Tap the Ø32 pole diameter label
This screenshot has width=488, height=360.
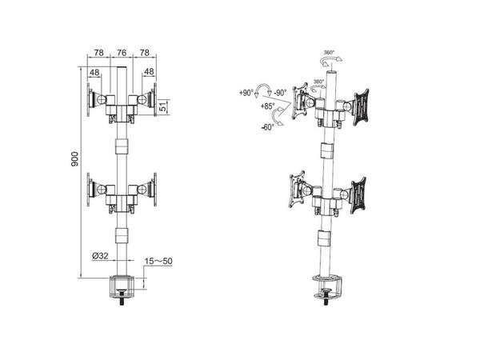(100, 255)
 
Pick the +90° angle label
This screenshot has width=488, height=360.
(246, 93)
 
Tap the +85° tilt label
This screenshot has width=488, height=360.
(266, 106)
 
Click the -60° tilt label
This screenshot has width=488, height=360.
(267, 126)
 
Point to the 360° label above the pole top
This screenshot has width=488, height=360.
(330, 53)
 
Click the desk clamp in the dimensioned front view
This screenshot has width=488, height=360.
(122, 286)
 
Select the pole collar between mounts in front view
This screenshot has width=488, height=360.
(121, 147)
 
